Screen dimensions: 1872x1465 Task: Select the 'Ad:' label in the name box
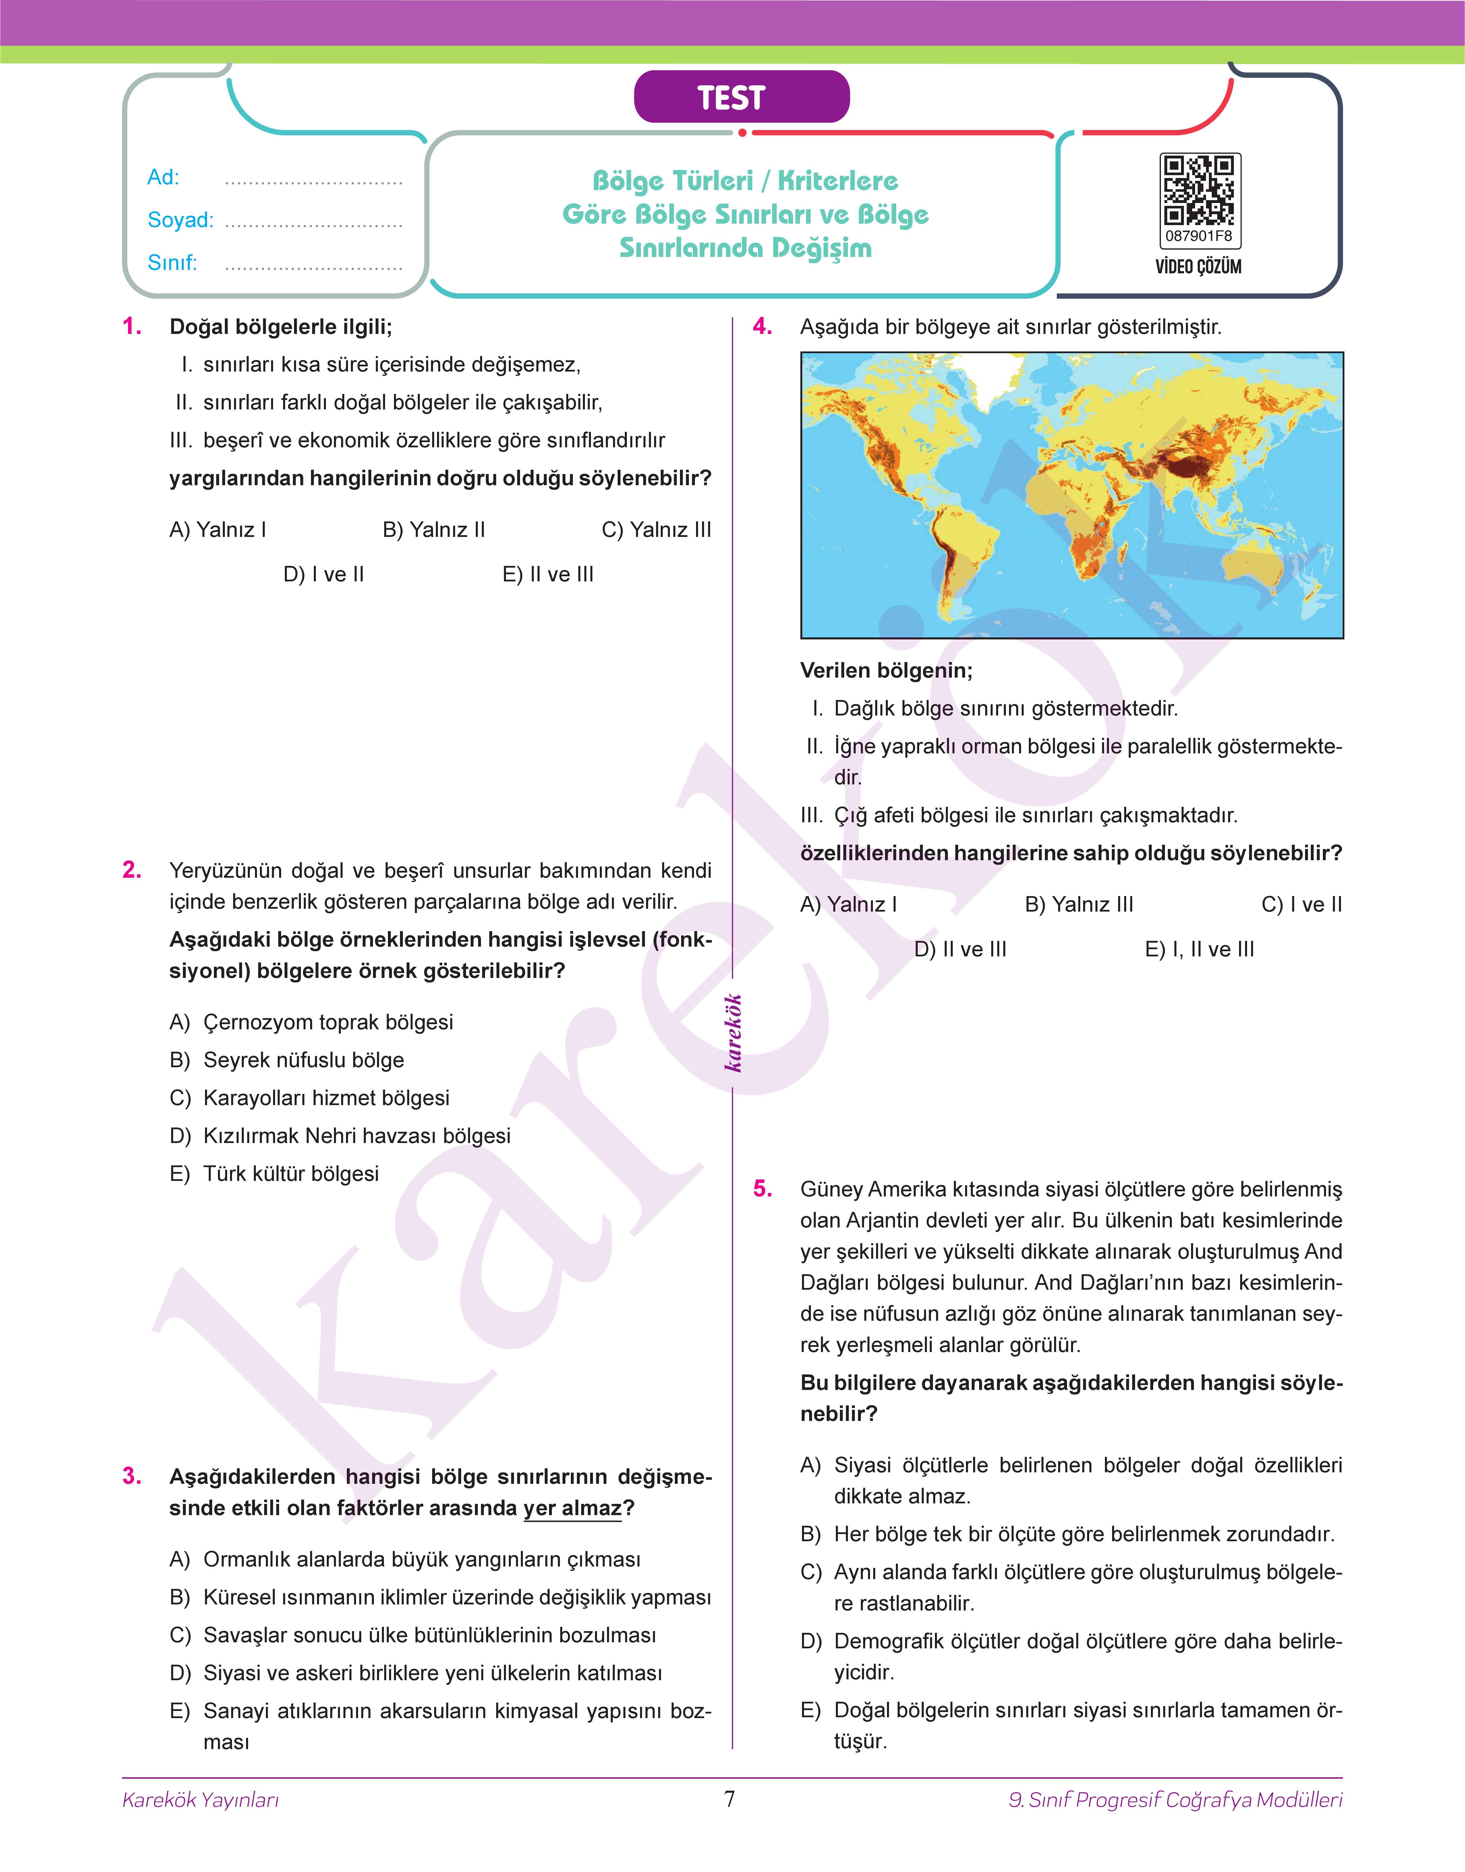[163, 177]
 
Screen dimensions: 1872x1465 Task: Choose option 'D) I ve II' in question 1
[323, 575]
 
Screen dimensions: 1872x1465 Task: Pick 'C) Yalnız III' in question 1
[656, 530]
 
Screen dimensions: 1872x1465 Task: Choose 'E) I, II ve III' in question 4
[1199, 949]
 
